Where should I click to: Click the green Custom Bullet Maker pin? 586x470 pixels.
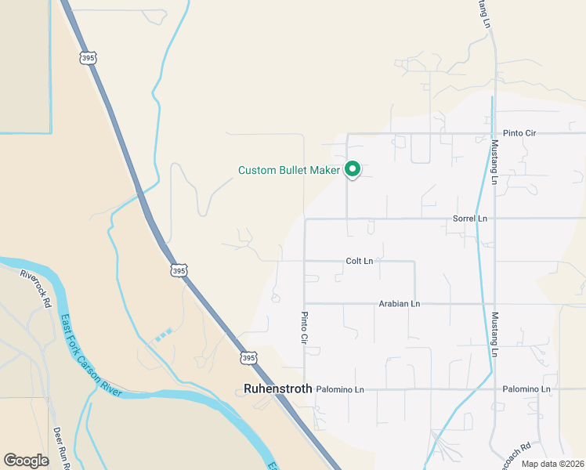(x=353, y=169)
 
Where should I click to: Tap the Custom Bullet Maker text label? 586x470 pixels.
(x=289, y=170)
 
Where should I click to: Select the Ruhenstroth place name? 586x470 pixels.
(x=278, y=389)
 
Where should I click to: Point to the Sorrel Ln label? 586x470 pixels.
(x=470, y=219)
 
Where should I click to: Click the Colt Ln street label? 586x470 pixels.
(x=359, y=261)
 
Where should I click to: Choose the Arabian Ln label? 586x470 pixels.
(x=400, y=304)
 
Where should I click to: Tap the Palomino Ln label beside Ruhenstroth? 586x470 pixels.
(x=340, y=389)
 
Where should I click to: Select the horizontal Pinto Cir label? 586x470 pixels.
(x=519, y=134)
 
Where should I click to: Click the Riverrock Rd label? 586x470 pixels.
(x=36, y=287)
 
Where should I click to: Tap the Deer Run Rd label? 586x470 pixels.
(x=62, y=447)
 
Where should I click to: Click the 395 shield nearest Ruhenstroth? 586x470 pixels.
(x=248, y=357)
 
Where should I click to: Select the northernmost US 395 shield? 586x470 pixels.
(x=88, y=58)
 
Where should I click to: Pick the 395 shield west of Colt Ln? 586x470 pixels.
(x=179, y=270)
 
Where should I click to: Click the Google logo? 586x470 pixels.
(x=26, y=461)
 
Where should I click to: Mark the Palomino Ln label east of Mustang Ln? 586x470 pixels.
(x=526, y=389)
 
